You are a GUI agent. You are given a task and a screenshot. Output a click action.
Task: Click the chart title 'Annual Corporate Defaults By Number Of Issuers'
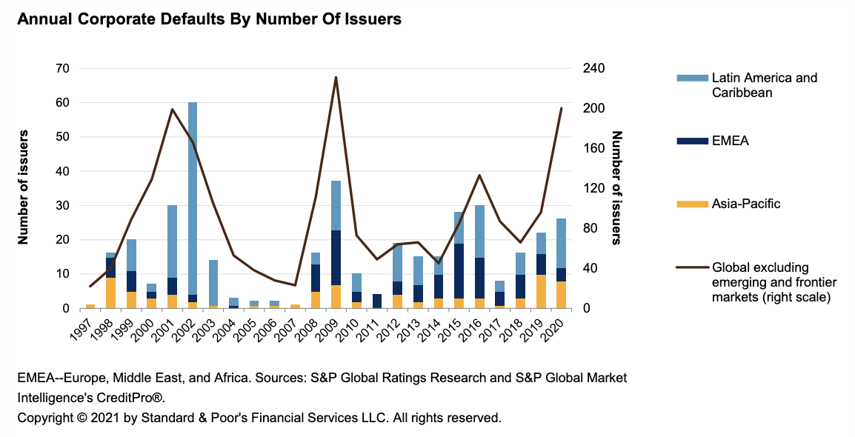coord(209,20)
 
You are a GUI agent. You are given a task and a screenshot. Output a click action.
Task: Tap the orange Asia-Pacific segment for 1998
coord(110,293)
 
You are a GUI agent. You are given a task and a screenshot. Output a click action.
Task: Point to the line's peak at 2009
coord(336,77)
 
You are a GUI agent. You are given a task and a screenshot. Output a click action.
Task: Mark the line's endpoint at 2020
coord(561,108)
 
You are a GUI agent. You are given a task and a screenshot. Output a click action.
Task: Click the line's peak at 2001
coord(172,110)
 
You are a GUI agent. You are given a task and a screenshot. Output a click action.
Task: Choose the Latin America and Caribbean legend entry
coord(763,85)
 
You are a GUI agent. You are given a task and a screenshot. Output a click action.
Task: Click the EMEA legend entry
coord(730,141)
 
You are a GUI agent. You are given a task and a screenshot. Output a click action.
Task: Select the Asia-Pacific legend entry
coord(745,203)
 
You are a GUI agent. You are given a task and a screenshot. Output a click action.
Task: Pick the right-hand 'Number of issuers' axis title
coord(617,187)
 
